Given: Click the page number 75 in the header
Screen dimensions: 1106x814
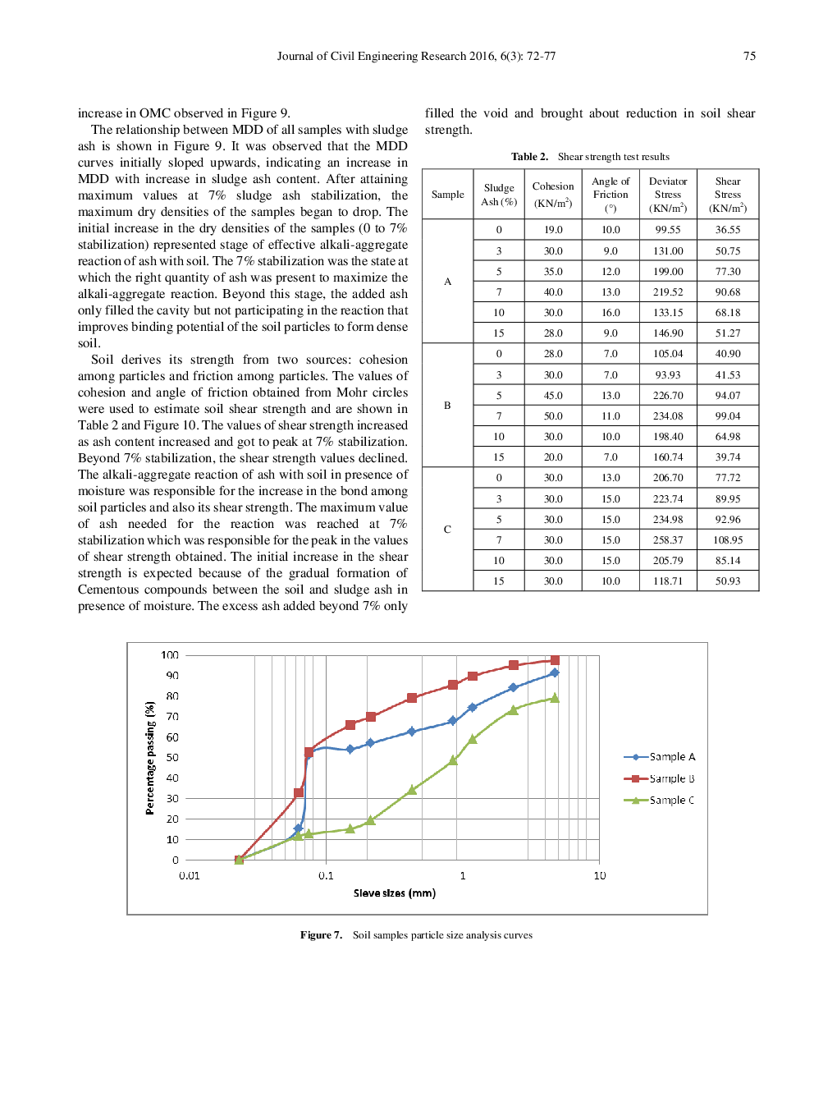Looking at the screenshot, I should [749, 56].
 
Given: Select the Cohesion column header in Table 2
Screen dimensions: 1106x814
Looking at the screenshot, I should [553, 195].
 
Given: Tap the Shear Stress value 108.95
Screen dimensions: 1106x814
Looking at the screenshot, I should [728, 540].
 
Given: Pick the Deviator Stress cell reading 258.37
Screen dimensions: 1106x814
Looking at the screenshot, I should [668, 540].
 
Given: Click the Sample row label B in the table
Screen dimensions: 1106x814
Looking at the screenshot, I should [447, 406].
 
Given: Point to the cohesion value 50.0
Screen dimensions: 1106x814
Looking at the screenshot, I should [553, 416].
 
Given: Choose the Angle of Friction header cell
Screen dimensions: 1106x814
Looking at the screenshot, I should [610, 195].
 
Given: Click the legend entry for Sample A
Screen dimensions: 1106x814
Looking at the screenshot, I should [671, 757].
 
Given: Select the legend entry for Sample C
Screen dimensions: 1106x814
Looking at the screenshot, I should [671, 801].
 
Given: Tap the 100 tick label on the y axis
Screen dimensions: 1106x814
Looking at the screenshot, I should [170, 655].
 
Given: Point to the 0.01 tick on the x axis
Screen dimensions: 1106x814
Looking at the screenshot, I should [190, 876].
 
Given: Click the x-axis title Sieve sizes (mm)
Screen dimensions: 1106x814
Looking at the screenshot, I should [395, 893].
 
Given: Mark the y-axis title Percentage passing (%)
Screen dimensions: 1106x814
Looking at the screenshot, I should [150, 758].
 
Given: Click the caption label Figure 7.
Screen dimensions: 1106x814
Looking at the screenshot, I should [321, 935].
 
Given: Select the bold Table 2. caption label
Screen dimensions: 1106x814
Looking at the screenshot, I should [529, 157].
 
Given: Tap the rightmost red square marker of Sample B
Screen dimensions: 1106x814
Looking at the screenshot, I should [555, 660].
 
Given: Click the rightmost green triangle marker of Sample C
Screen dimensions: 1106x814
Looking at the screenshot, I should [555, 698].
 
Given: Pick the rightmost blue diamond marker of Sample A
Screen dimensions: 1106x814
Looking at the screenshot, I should [555, 672].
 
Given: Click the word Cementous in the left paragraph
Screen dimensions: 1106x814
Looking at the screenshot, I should [109, 590].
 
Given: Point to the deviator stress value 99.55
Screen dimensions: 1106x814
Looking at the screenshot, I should [668, 230].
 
